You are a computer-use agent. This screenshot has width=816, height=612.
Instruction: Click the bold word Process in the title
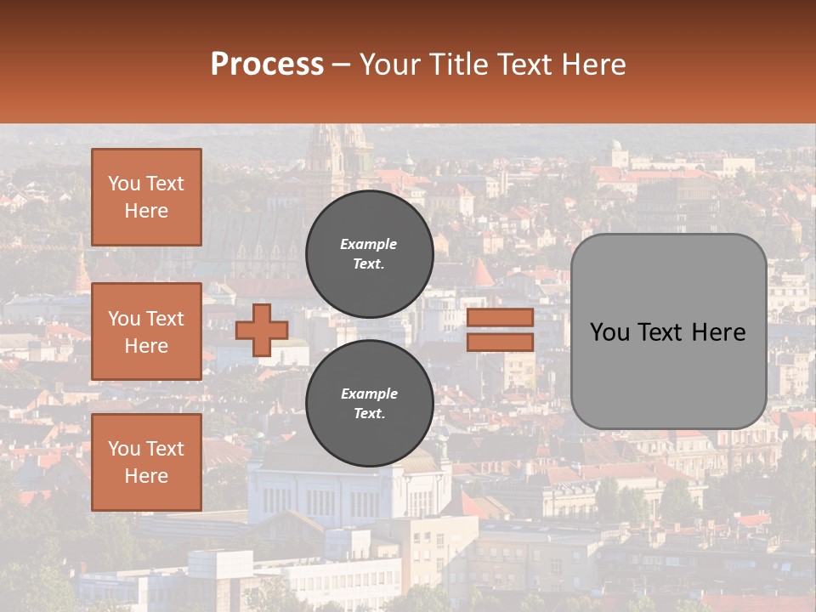267,65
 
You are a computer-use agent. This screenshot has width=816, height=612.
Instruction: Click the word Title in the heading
458,65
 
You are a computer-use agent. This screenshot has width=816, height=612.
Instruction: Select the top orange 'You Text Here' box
146,197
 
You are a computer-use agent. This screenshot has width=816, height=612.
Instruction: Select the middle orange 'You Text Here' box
146,331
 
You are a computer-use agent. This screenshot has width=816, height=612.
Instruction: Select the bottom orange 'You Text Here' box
146,462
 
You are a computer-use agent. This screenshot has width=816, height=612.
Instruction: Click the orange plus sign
261,330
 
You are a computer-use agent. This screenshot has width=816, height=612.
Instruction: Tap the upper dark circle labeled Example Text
369,253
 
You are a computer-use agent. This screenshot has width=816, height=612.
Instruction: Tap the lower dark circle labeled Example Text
369,403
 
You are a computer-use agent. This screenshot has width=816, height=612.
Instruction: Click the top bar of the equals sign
500,317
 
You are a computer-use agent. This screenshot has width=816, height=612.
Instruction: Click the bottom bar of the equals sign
500,342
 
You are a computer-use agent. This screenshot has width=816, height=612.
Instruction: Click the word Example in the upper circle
369,244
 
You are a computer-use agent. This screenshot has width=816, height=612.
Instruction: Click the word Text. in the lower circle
369,414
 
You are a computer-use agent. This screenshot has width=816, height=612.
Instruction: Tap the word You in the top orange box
123,184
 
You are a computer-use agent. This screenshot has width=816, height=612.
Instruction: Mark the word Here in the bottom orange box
146,476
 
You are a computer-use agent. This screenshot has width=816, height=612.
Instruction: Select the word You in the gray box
609,332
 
